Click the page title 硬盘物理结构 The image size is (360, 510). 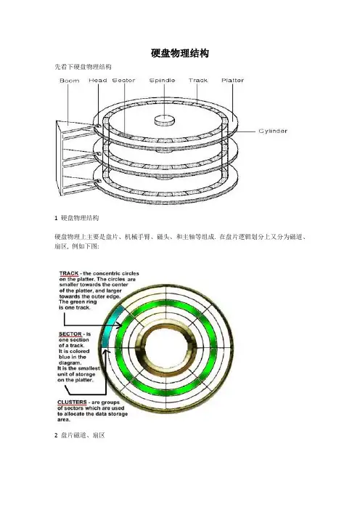click(180, 53)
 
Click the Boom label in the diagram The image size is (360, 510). click(69, 81)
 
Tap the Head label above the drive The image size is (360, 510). click(98, 81)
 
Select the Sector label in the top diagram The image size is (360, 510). click(123, 81)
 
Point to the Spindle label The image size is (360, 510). click(162, 81)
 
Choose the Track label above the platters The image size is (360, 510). click(198, 81)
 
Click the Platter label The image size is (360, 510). click(233, 81)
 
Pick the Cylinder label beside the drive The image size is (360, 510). click(273, 131)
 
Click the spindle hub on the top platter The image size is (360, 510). click(164, 120)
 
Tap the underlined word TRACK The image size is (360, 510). click(69, 274)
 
